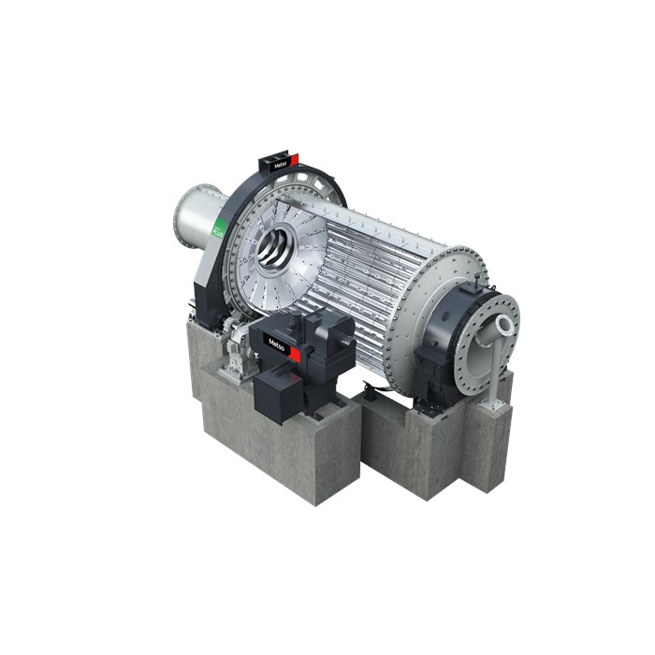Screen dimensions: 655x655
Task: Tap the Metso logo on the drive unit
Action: click(x=277, y=342)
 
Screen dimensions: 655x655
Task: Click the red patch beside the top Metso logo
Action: click(x=294, y=160)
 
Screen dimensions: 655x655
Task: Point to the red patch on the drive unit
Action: click(x=294, y=353)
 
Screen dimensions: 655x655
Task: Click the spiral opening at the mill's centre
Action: click(x=276, y=250)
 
